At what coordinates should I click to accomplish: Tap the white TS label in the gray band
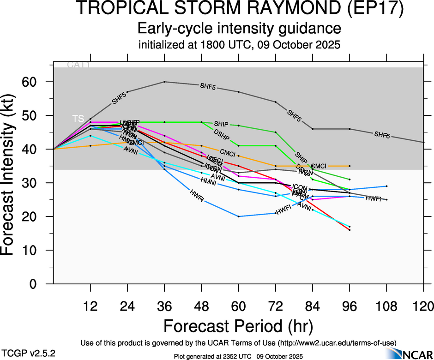(78, 119)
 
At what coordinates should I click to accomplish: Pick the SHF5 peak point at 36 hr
(165, 82)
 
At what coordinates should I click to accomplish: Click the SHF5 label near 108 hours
(382, 135)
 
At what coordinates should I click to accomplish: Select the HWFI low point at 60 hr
(239, 216)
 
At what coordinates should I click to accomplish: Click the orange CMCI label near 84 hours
(319, 166)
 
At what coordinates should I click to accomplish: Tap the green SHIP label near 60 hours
(221, 124)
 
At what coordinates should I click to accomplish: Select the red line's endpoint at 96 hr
(350, 230)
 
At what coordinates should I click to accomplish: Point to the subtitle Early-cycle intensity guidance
(239, 29)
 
